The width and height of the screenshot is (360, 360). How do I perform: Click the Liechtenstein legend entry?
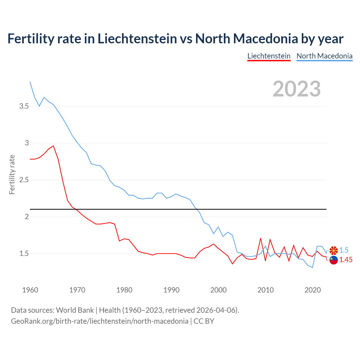pyautogui.click(x=269, y=56)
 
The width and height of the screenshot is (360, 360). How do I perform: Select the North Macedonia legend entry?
pyautogui.click(x=324, y=56)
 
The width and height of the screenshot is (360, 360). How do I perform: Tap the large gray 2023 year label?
pyautogui.click(x=296, y=89)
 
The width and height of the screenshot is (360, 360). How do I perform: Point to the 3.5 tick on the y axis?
pyautogui.click(x=24, y=106)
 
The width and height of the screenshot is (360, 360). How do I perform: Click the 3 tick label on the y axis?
pyautogui.click(x=27, y=143)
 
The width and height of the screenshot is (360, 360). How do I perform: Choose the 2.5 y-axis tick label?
pyautogui.click(x=24, y=180)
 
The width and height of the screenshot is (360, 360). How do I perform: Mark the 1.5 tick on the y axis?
pyautogui.click(x=24, y=254)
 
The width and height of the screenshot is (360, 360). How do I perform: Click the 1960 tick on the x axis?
pyautogui.click(x=30, y=290)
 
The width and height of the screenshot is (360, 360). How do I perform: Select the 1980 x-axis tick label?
pyautogui.click(x=124, y=290)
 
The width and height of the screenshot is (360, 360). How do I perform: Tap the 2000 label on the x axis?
pyautogui.click(x=218, y=290)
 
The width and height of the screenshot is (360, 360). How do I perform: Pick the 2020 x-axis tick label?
pyautogui.click(x=312, y=290)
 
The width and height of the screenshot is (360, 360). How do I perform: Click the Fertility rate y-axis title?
pyautogui.click(x=12, y=174)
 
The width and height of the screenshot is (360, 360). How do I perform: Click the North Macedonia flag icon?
pyautogui.click(x=334, y=250)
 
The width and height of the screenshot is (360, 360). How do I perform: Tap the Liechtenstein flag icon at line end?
pyautogui.click(x=334, y=260)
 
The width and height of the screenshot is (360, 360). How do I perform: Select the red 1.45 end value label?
pyautogui.click(x=346, y=260)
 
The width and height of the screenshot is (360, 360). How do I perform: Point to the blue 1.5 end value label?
pyautogui.click(x=344, y=250)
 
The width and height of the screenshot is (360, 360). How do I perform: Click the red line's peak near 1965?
pyautogui.click(x=53, y=146)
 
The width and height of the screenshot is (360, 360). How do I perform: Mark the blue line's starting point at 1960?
pyautogui.click(x=30, y=82)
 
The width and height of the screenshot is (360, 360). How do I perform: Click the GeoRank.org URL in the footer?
pyautogui.click(x=100, y=321)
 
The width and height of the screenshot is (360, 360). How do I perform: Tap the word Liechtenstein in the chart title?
pyautogui.click(x=137, y=39)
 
